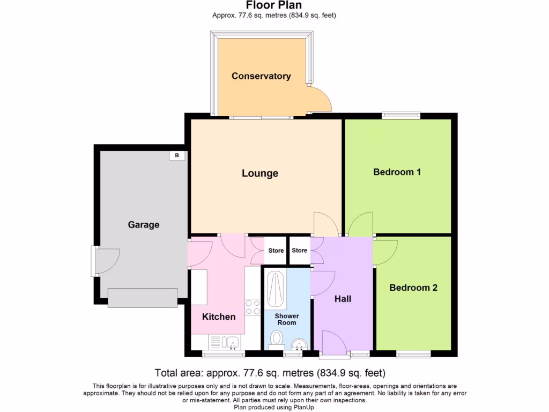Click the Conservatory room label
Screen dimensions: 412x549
261,76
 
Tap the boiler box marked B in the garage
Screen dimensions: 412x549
177,156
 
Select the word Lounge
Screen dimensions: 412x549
260,173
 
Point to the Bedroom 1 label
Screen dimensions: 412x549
397,172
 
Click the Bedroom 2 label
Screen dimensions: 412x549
413,288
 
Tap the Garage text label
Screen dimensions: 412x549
144,225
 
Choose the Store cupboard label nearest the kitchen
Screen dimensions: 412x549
276,251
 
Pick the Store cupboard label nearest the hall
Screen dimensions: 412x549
300,251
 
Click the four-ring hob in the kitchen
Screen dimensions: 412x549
253,307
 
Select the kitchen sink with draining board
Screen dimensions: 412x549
225,342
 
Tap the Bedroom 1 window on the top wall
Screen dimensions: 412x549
400,115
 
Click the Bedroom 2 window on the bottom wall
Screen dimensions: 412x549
413,354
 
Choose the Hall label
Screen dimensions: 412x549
343,299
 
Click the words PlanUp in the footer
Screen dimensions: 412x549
303,407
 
